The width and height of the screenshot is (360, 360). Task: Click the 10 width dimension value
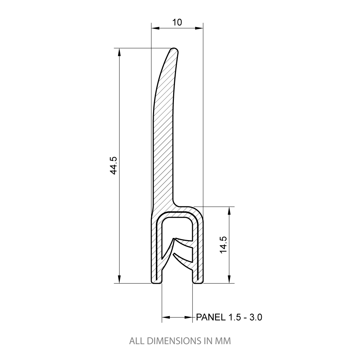tap(177, 22)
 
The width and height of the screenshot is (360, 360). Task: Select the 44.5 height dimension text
tap(114, 166)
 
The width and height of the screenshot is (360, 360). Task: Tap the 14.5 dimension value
tap(224, 245)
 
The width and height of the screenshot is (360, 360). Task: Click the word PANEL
tap(211, 317)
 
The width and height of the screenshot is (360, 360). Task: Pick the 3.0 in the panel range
tap(256, 317)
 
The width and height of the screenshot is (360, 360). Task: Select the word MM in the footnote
tap(223, 341)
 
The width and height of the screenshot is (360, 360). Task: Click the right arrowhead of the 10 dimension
tap(199, 28)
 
